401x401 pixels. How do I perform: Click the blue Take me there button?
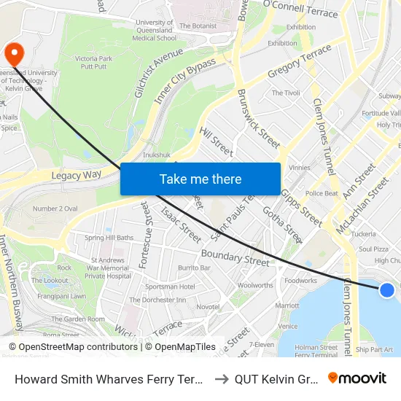200,179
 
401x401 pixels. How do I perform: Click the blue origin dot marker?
387,290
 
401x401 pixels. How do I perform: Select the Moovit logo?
357,378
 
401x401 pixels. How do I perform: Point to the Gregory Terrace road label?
300,62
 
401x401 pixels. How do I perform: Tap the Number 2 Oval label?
55,209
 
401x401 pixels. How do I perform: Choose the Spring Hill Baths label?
109,238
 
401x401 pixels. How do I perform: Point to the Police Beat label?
322,193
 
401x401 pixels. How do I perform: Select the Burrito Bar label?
194,268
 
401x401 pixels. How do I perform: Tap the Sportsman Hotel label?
169,287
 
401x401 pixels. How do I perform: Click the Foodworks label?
301,280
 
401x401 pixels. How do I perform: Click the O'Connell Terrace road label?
300,8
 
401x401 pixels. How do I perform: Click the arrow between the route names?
221,378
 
